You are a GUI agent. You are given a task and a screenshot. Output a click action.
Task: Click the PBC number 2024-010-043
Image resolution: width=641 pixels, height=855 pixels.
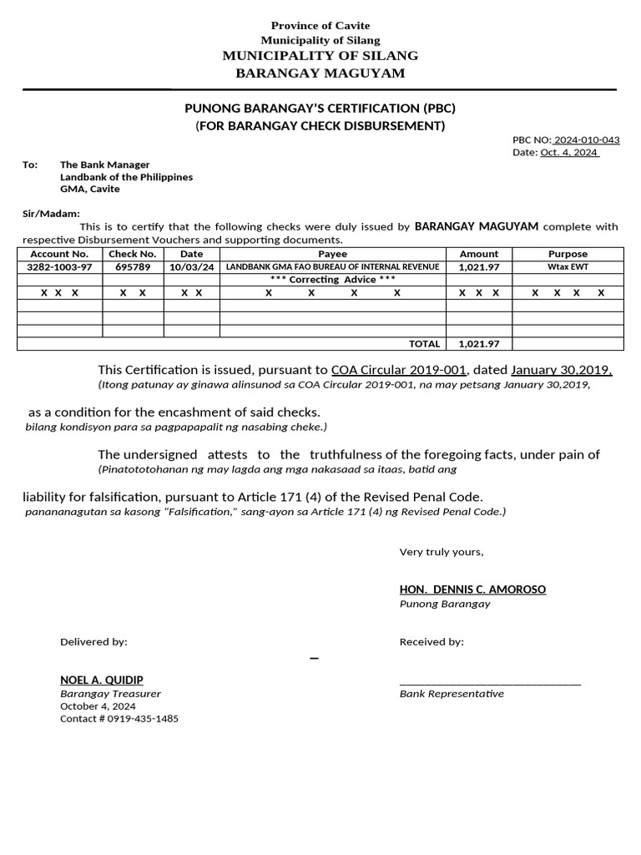coord(587,140)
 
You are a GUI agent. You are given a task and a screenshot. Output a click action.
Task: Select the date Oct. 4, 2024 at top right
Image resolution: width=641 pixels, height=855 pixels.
coord(569,153)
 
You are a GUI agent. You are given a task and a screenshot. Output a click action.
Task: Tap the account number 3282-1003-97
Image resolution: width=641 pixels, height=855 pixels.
coord(59,266)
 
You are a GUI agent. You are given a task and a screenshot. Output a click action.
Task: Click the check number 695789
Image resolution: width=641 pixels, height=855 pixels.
coord(133,266)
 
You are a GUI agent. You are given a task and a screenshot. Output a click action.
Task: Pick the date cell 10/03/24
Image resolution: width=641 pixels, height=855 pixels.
coord(191,266)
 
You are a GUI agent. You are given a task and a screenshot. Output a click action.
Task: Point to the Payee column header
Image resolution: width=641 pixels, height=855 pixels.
coord(332,254)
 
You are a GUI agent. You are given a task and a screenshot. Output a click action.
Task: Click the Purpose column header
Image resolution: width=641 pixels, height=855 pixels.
coord(568,254)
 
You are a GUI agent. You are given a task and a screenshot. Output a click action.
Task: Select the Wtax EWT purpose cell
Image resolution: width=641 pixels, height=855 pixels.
coord(568,266)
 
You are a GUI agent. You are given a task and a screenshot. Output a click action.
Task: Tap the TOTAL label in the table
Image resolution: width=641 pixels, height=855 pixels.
coord(424,344)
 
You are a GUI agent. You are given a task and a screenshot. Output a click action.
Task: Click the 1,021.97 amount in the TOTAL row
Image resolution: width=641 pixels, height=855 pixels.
coord(479,344)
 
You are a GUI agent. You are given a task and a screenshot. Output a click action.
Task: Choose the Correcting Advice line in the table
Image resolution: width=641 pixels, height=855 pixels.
coord(332,279)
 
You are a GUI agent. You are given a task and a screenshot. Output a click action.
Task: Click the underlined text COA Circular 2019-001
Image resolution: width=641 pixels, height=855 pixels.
coord(398,370)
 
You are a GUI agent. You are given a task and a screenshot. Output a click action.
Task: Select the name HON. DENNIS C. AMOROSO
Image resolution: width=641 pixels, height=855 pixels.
coord(472,589)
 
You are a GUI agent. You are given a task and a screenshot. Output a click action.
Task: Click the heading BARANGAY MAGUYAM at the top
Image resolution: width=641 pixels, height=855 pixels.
coord(320,73)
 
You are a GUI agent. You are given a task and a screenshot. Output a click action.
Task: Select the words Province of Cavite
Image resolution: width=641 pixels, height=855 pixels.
coord(320,26)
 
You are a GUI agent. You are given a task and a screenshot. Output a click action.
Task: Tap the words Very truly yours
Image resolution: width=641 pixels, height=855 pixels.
coord(442,552)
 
